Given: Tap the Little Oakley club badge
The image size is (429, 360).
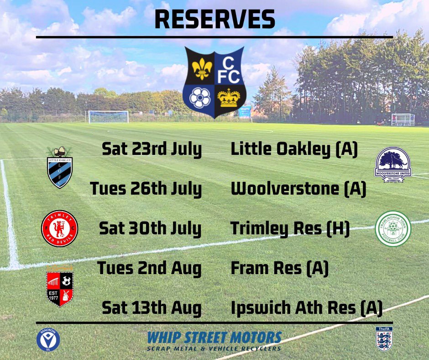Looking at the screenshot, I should point(60,167).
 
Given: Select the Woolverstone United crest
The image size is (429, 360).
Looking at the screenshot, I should point(393,164).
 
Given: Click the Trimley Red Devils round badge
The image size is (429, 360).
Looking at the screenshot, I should point(60,228).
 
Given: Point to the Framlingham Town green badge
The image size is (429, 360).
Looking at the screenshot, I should point(393,228).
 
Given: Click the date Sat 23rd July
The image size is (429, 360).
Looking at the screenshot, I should point(152,150).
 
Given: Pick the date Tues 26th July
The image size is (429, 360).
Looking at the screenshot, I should point(146,189).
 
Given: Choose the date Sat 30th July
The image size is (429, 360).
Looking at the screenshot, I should point(150,229).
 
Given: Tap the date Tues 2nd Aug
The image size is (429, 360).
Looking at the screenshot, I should point(149,269).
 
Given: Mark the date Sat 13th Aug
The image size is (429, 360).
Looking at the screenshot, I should point(152,308).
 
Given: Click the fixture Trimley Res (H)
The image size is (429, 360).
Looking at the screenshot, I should point(290,229).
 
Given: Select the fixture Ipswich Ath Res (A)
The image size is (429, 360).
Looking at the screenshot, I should point(306,308).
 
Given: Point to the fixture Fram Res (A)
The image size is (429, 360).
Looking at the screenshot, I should point(280,269).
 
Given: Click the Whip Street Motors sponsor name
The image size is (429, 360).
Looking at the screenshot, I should point(214,338).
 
